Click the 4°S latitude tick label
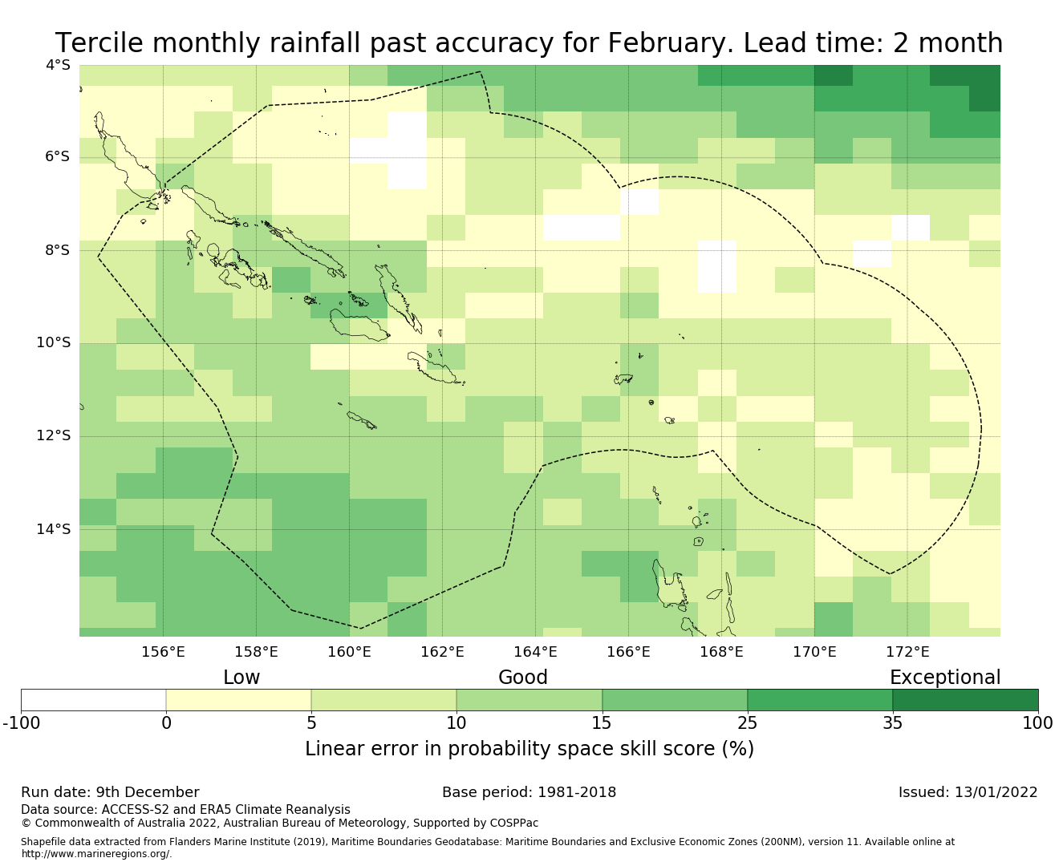coord(58,65)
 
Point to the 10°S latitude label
coord(53,343)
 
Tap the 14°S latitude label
coord(53,529)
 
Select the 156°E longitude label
coord(163,652)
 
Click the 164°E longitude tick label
coord(535,652)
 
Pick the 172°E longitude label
coord(907,652)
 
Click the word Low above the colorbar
coord(241,678)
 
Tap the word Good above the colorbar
coord(523,678)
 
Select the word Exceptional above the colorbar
coord(945,678)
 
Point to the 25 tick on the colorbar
coord(747,723)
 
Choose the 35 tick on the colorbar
coord(892,723)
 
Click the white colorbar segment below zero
coord(93,700)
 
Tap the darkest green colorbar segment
coord(965,700)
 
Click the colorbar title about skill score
coord(529,749)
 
